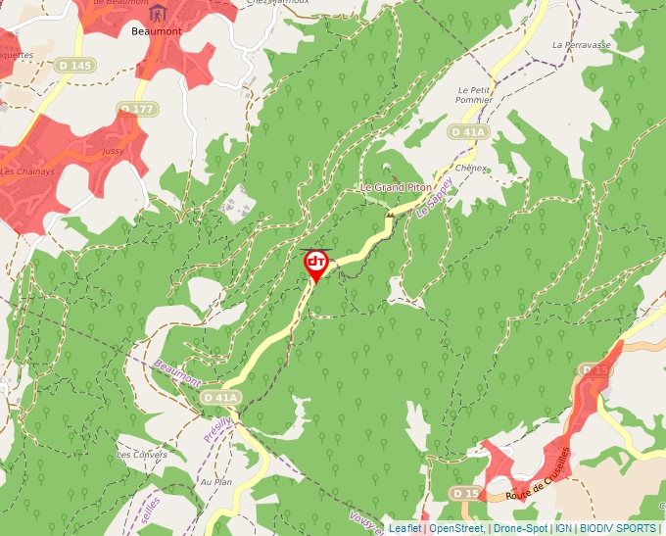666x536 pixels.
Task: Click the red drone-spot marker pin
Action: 316,264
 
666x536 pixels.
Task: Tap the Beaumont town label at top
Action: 156,31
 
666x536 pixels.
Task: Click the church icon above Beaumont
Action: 157,13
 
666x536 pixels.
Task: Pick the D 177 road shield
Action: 136,108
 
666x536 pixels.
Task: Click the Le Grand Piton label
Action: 396,187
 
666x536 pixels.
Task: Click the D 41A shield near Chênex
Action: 468,131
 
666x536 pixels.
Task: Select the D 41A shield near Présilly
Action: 221,397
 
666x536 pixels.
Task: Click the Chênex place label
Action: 471,168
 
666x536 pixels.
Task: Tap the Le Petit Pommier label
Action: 475,94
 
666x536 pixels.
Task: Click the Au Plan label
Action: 214,482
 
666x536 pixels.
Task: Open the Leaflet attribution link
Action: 404,528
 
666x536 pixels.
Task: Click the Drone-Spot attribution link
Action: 520,528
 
